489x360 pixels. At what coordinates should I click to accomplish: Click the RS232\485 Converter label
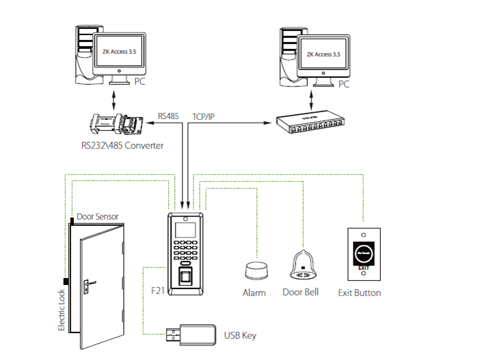click(x=122, y=146)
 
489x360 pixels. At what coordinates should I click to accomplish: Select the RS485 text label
click(x=169, y=116)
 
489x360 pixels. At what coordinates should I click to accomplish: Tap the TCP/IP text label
click(x=203, y=116)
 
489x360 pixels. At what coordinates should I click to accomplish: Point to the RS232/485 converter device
click(x=114, y=124)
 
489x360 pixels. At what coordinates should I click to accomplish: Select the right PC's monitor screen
click(x=324, y=54)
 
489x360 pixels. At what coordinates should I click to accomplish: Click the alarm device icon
click(x=254, y=270)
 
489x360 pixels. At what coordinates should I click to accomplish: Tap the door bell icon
click(x=301, y=265)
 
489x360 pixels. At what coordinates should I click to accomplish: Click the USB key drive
click(x=190, y=335)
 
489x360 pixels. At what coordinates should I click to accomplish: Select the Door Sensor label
click(x=97, y=216)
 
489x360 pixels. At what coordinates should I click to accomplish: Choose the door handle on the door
click(x=90, y=282)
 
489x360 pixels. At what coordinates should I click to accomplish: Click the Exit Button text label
click(x=360, y=293)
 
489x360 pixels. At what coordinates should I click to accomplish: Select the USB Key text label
click(x=240, y=336)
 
